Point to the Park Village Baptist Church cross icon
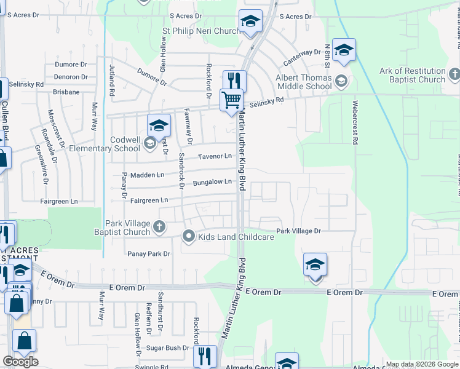pos(159,227)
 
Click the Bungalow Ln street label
pos(212,183)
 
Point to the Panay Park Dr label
pos(148,253)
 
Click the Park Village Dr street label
pos(298,231)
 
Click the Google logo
pos(20,361)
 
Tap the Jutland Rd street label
pos(112,79)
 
